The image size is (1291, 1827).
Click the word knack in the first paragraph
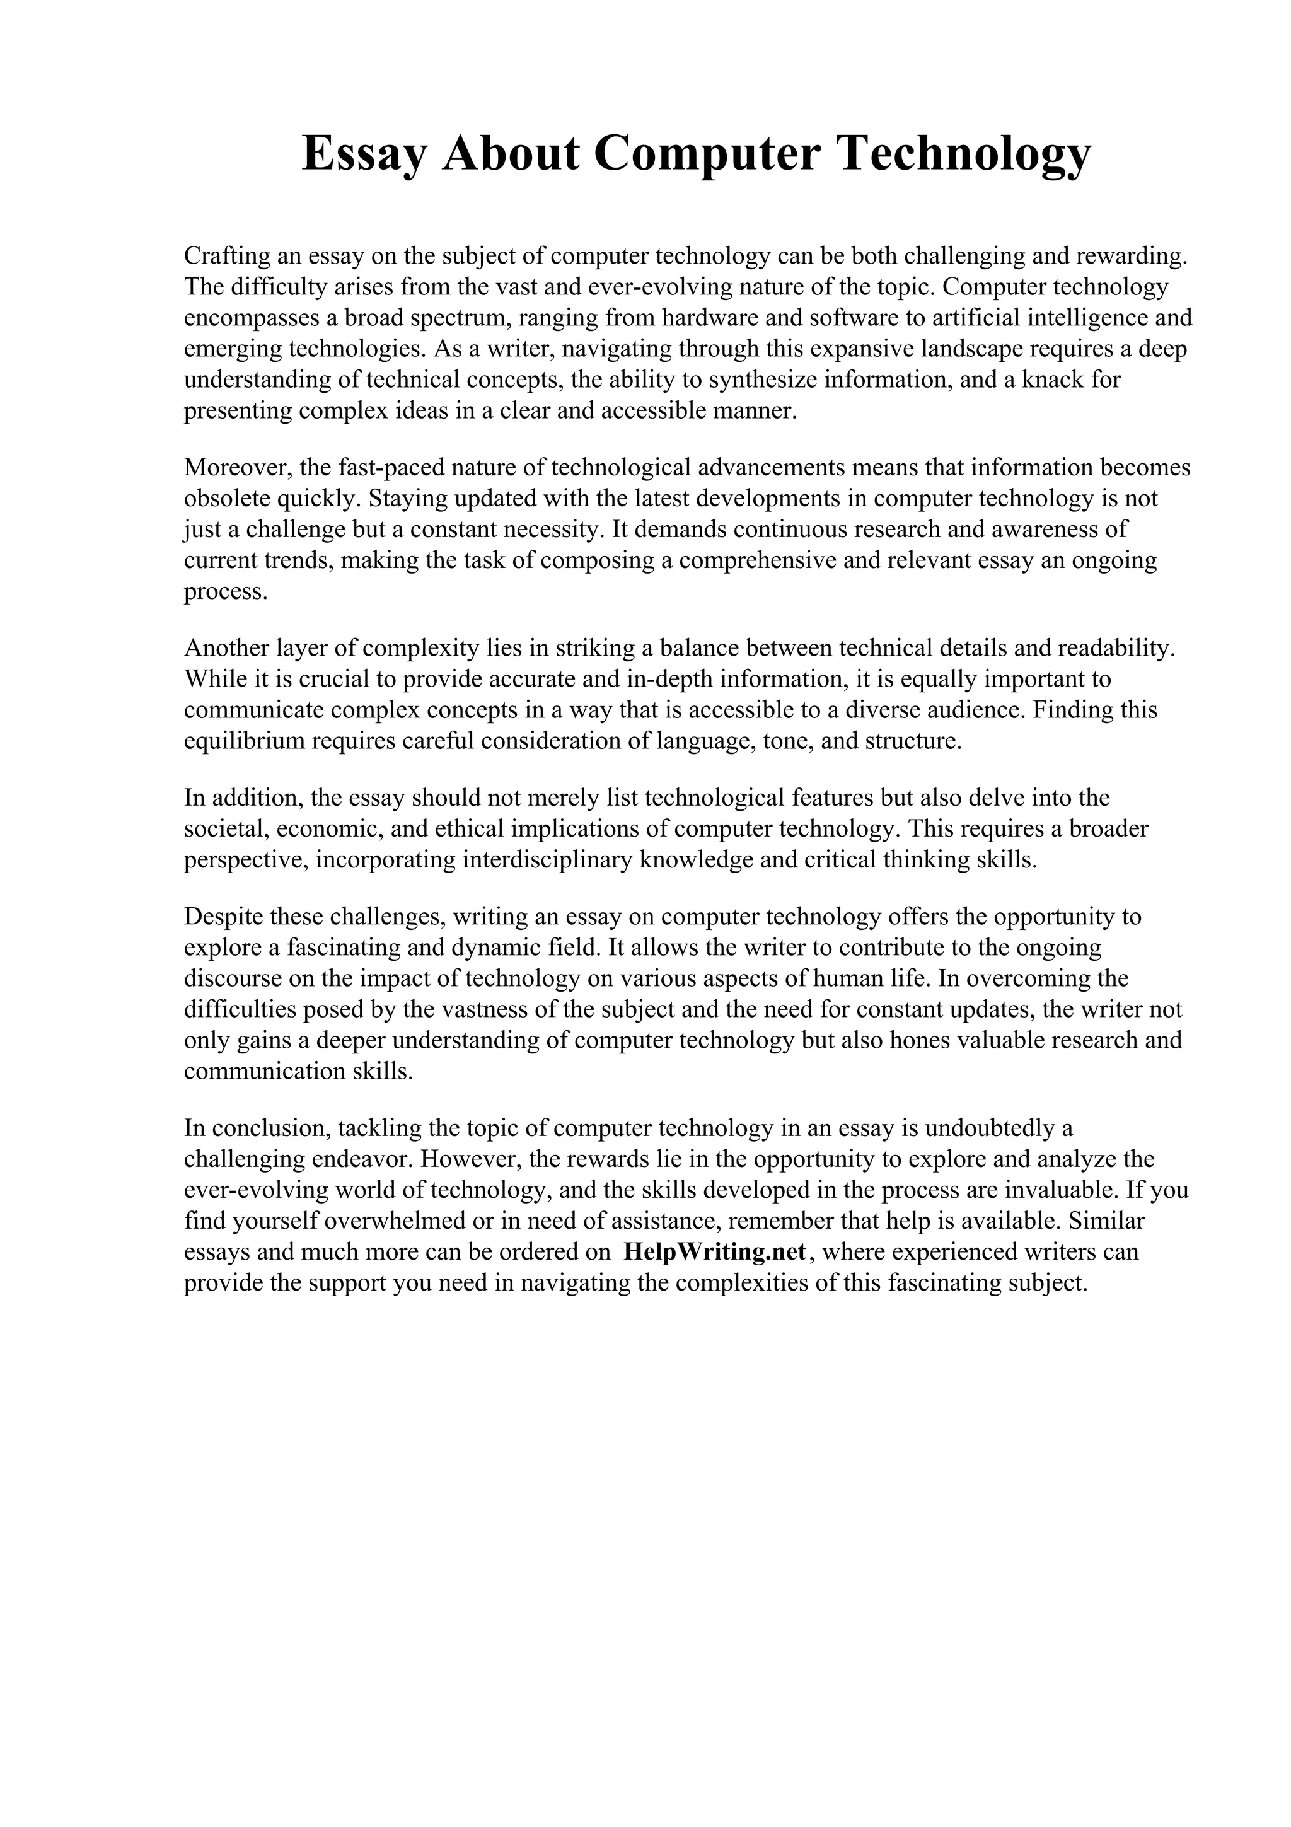(1052, 380)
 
